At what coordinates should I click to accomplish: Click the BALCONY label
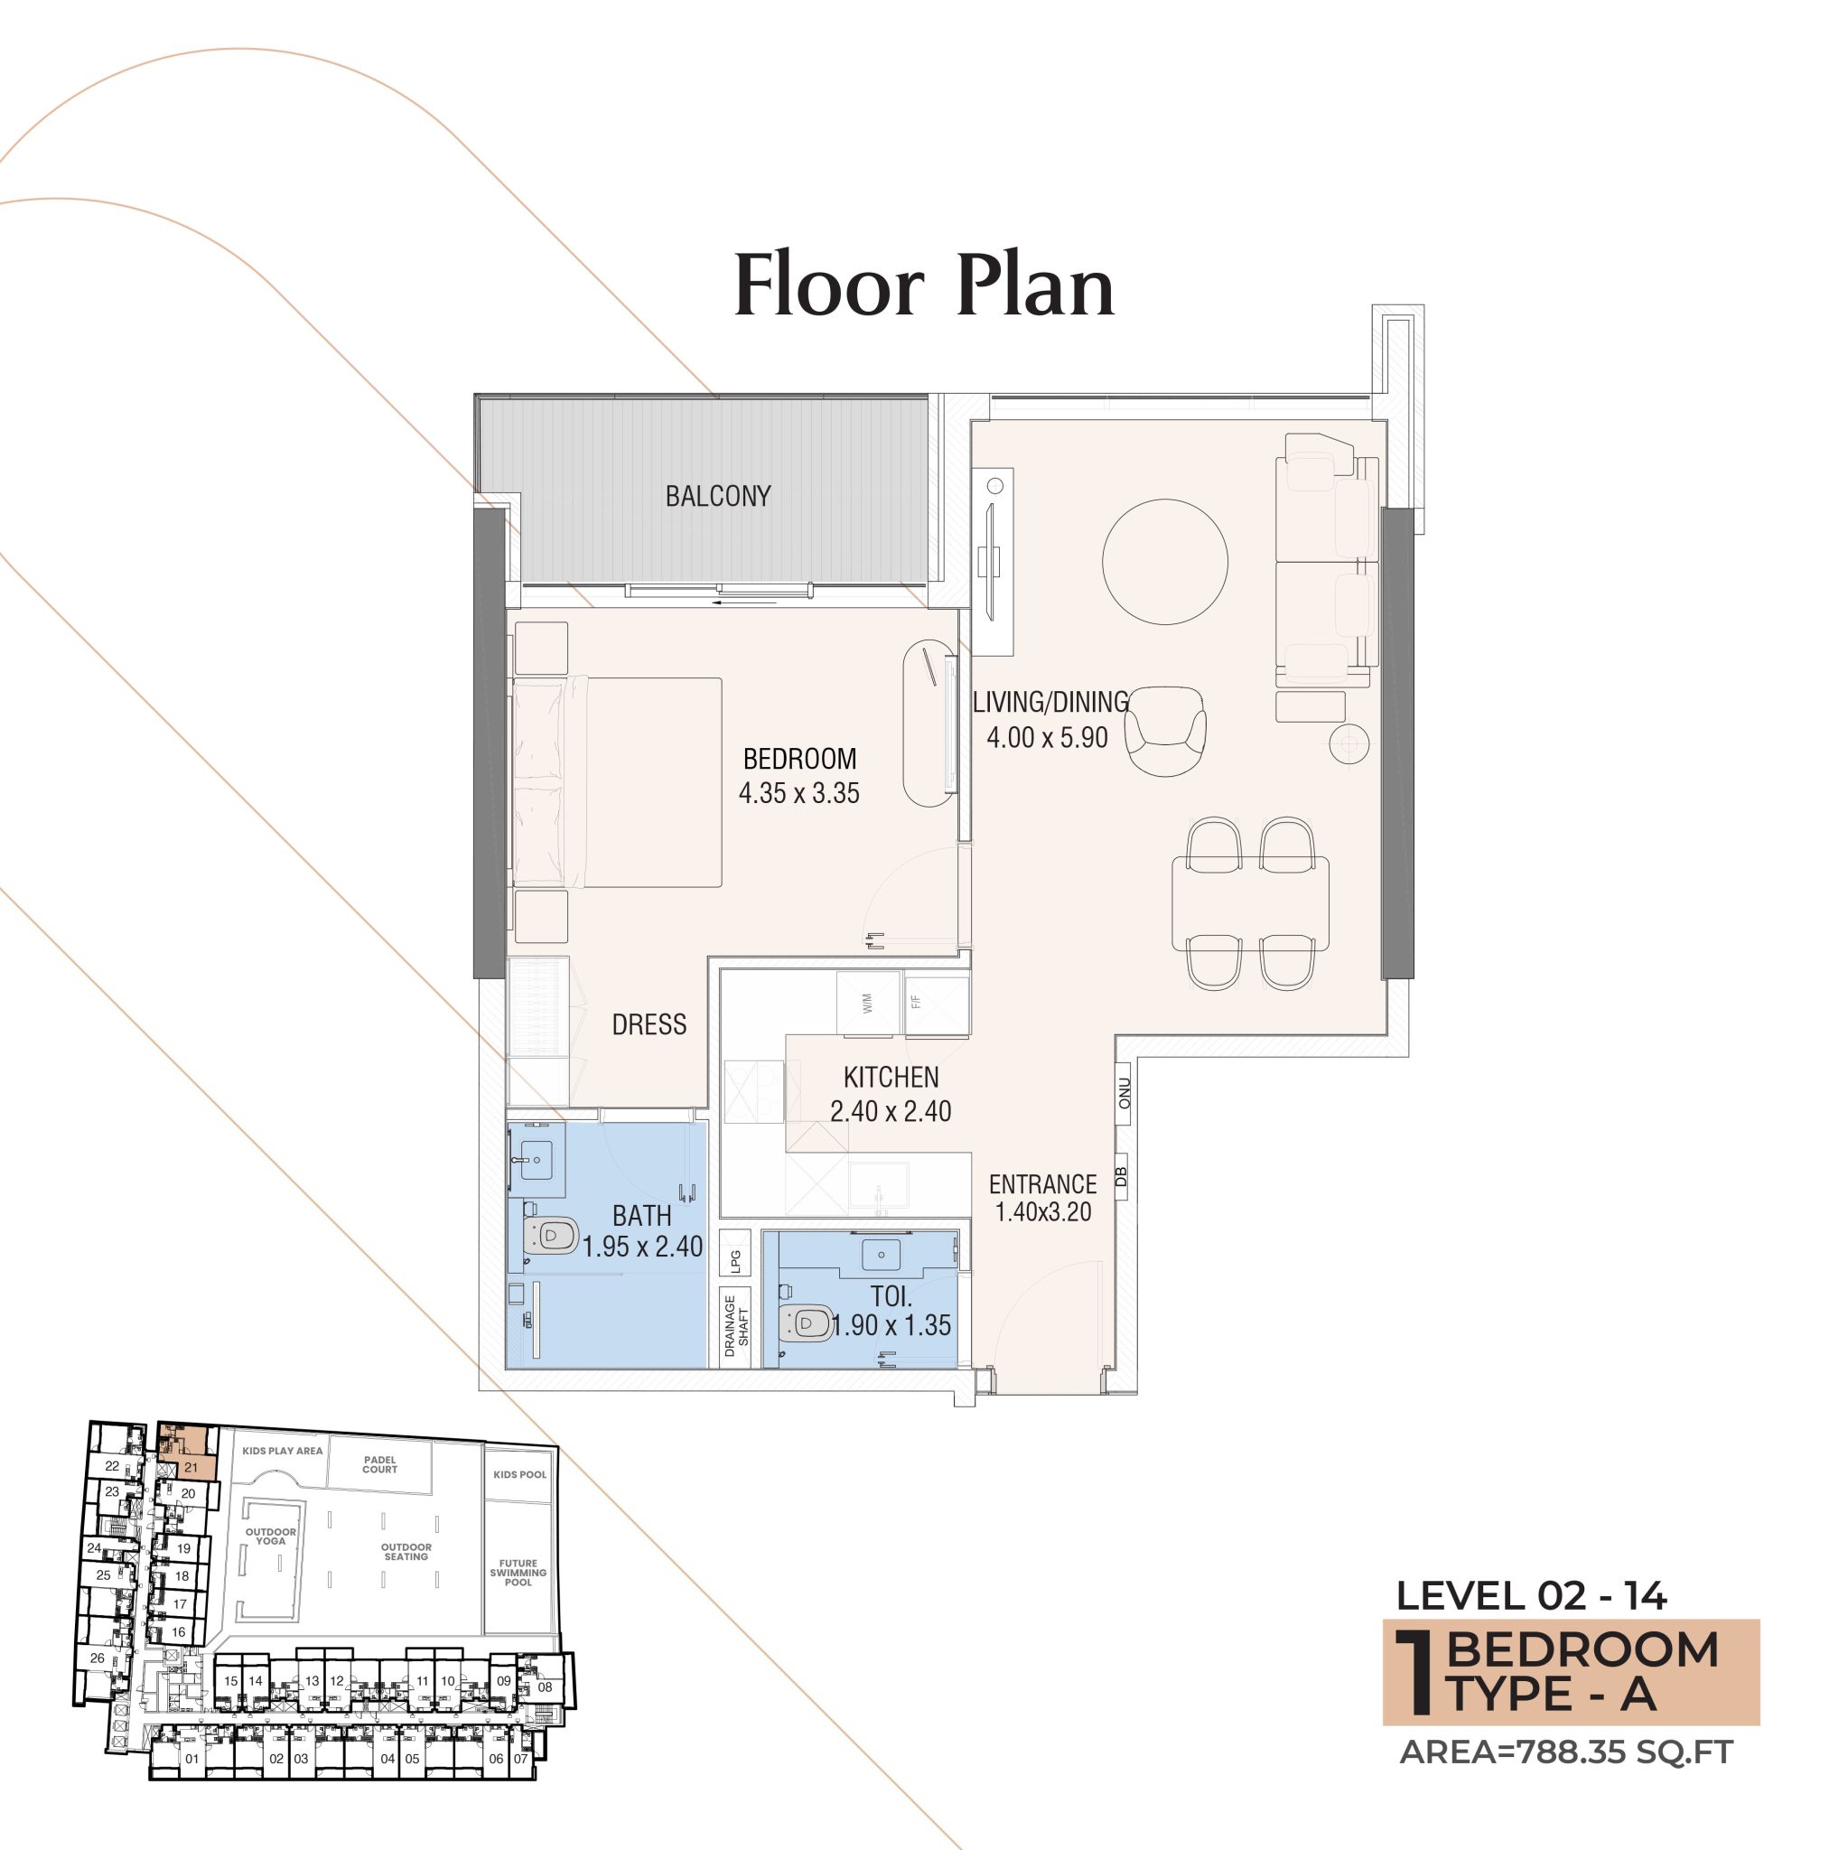coord(717,496)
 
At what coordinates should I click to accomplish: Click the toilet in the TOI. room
coord(808,1324)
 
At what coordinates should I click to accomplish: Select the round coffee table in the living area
coord(1164,562)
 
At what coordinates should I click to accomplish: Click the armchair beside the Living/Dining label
coord(1164,729)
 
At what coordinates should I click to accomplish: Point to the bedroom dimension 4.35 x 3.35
coord(798,793)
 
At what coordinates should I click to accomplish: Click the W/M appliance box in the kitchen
coord(867,1004)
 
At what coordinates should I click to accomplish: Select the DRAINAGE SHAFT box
coord(735,1326)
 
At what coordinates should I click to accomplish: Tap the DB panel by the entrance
coord(1122,1177)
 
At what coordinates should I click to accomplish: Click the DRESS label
coord(649,1024)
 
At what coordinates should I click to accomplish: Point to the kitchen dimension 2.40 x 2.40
coord(891,1112)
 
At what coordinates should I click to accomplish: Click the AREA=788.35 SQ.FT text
coord(1566,1752)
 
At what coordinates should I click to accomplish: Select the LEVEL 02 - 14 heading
coord(1531,1596)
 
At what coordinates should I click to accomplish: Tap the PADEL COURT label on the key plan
coord(379,1464)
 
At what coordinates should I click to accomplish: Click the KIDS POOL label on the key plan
coord(519,1473)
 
